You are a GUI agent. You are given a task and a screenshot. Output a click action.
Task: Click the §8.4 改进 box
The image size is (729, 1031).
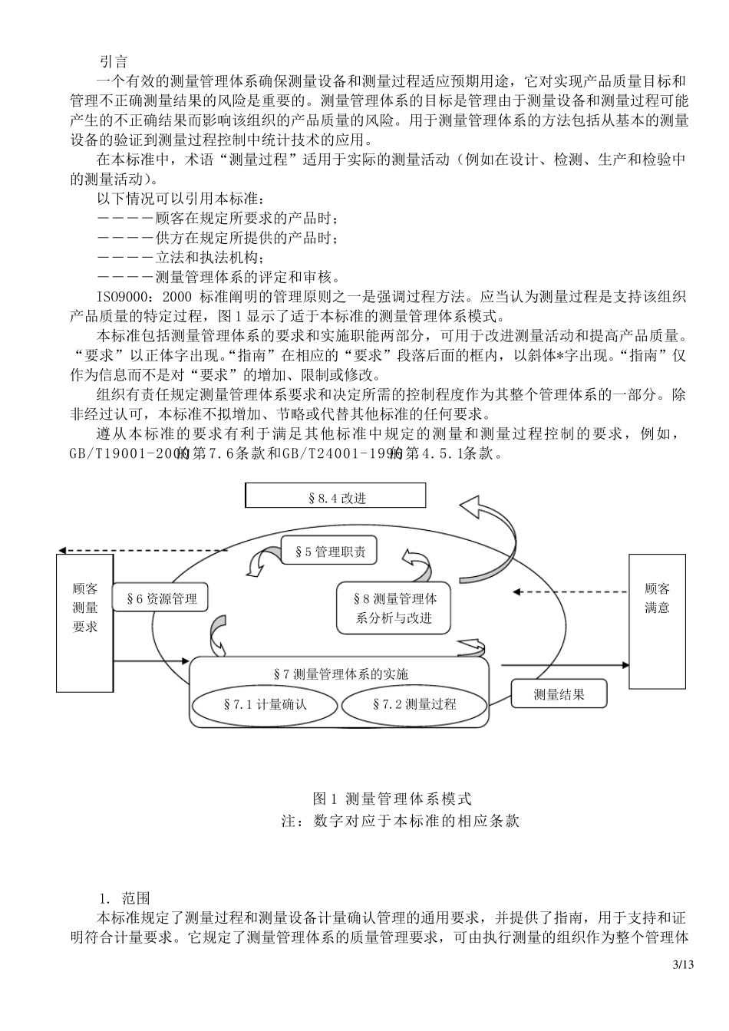[335, 496]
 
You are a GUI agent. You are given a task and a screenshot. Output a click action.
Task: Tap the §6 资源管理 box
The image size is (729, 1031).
[161, 599]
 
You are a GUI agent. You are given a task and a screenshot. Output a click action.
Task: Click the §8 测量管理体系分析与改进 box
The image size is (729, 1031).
[394, 608]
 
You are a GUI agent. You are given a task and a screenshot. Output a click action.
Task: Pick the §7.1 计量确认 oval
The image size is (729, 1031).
[264, 703]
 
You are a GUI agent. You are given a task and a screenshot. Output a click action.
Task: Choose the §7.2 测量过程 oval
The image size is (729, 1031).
[414, 703]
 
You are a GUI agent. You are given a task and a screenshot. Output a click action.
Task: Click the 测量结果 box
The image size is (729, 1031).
[559, 694]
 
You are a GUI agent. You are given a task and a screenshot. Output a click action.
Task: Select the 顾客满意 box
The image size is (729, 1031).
[657, 598]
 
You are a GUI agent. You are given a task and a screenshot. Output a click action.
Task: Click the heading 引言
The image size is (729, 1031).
[113, 61]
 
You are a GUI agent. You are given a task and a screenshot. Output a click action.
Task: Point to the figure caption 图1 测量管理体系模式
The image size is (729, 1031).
[392, 799]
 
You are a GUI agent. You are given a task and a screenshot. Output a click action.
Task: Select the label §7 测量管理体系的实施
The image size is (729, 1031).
[341, 674]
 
